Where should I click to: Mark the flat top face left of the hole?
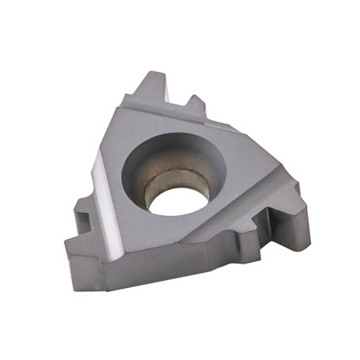[x=119, y=190]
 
